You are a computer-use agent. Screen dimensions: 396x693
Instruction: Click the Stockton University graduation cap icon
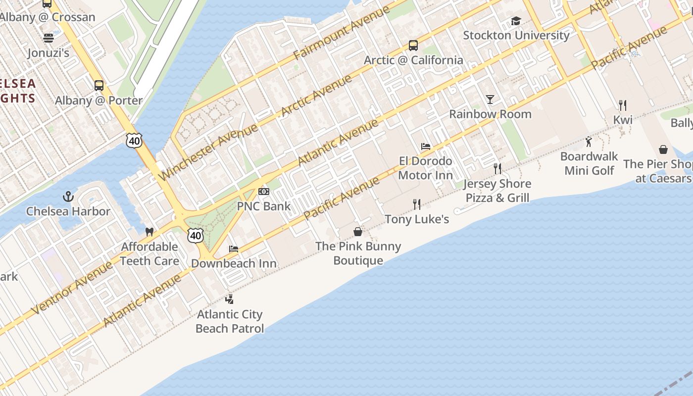tap(516, 21)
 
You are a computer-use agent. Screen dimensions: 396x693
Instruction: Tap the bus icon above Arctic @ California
tap(413, 46)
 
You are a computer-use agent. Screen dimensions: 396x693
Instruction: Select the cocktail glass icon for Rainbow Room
tap(490, 99)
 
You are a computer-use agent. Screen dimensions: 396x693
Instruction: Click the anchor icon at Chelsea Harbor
tap(68, 197)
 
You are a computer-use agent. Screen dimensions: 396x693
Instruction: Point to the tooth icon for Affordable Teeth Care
tap(149, 232)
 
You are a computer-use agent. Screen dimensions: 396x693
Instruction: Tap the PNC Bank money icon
tap(264, 192)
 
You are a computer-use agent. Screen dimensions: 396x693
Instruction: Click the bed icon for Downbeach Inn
tap(234, 248)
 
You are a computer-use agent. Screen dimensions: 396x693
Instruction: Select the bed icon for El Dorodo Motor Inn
tap(425, 147)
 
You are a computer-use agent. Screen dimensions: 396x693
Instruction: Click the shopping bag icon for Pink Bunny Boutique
tap(357, 231)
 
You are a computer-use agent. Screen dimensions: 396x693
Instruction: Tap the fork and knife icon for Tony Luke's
tap(417, 204)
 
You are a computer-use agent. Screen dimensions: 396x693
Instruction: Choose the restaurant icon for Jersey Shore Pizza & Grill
tap(497, 169)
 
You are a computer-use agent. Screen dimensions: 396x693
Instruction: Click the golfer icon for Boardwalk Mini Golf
tap(589, 142)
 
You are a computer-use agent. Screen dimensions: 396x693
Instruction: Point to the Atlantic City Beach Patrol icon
tap(229, 299)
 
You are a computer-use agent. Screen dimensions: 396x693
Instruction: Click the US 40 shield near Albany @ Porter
tap(134, 141)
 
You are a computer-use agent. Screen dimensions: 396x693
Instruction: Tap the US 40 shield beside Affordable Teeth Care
tap(196, 236)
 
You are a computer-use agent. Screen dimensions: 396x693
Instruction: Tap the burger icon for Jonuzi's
tap(49, 38)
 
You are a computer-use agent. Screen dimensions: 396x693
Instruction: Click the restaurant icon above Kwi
tap(623, 105)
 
